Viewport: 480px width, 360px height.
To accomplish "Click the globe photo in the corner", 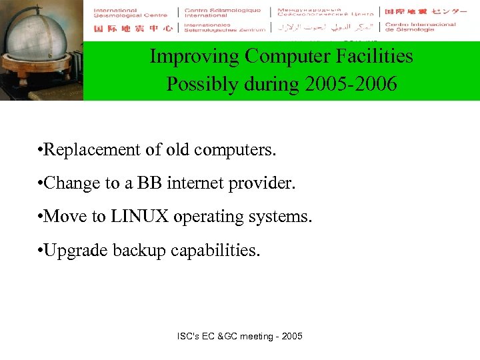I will click(41, 50).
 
